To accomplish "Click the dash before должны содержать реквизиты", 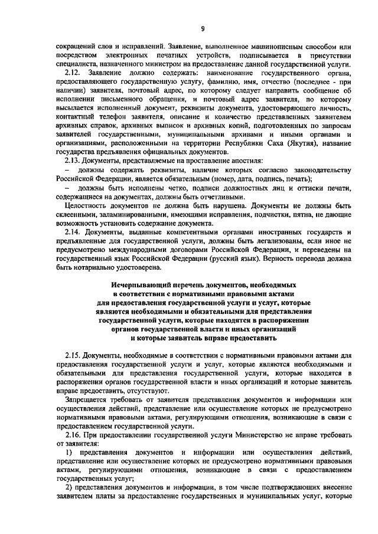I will pyautogui.click(x=67, y=170).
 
